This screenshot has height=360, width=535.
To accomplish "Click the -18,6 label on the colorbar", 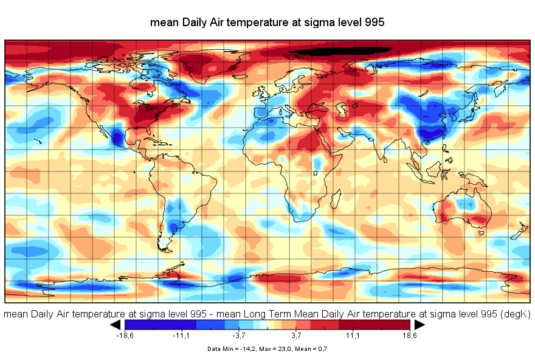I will point(124,335).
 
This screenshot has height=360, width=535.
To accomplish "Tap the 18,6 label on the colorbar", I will point(410,335).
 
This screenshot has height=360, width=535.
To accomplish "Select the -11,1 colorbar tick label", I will point(182,335).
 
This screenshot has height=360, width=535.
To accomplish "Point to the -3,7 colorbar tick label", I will point(239,335).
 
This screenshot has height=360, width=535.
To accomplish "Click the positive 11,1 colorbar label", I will point(353,335).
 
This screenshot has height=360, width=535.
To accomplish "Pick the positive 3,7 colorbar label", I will point(296,335).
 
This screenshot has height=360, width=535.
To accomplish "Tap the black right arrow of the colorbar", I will point(419,325).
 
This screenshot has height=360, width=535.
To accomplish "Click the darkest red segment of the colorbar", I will point(395,325).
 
